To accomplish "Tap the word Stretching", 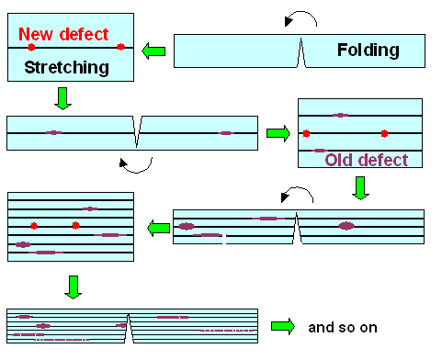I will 66,67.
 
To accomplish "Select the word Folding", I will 368,50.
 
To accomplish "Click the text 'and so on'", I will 342,327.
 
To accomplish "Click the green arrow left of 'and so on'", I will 282,326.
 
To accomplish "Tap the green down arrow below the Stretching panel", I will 62,97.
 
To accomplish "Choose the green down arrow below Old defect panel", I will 360,188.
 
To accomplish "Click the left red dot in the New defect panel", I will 31,47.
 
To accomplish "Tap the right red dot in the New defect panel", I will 120,47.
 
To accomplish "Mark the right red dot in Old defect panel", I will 384,133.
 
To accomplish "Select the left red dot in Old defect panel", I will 306,133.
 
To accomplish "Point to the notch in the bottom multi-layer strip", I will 130,326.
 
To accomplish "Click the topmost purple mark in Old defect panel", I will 340,116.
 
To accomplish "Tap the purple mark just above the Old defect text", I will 320,150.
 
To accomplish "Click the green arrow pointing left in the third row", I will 153,224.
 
